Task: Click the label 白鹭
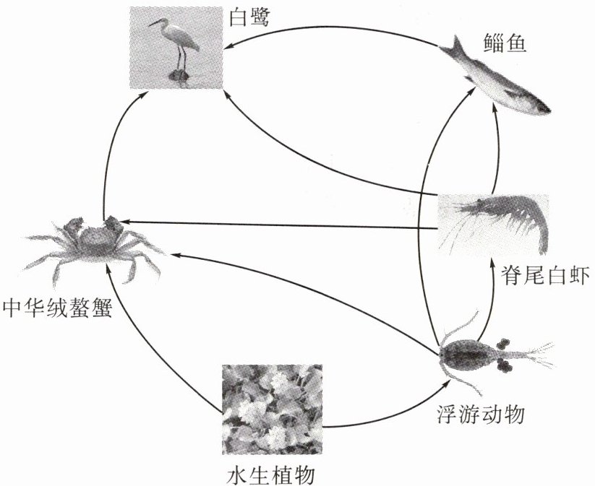click(x=249, y=17)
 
